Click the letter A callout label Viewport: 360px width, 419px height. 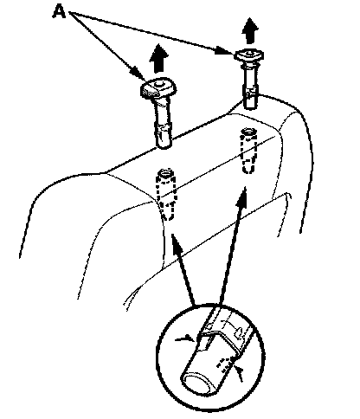click(59, 12)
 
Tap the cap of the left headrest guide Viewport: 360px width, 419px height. click(158, 87)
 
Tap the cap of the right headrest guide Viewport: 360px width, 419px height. click(249, 55)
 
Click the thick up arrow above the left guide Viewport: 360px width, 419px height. click(158, 58)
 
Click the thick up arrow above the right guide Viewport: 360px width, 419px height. click(250, 30)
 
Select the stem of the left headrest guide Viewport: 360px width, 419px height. click(164, 123)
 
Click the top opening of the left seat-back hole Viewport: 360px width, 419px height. click(165, 174)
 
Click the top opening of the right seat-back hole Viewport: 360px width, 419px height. click(248, 132)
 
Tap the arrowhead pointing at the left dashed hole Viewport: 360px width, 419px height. click(176, 244)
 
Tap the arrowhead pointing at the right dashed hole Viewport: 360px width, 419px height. click(242, 197)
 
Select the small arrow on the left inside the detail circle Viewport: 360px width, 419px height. click(185, 338)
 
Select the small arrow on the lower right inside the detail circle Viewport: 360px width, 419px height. click(238, 373)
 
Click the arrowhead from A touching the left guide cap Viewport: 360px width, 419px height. click(138, 74)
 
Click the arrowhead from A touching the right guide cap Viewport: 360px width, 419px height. click(225, 51)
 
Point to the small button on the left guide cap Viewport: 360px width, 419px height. click(157, 83)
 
